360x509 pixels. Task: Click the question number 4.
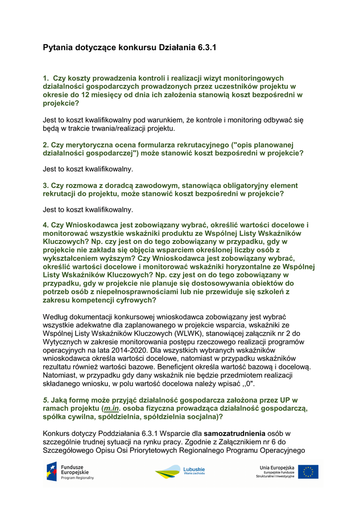tap(45, 225)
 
